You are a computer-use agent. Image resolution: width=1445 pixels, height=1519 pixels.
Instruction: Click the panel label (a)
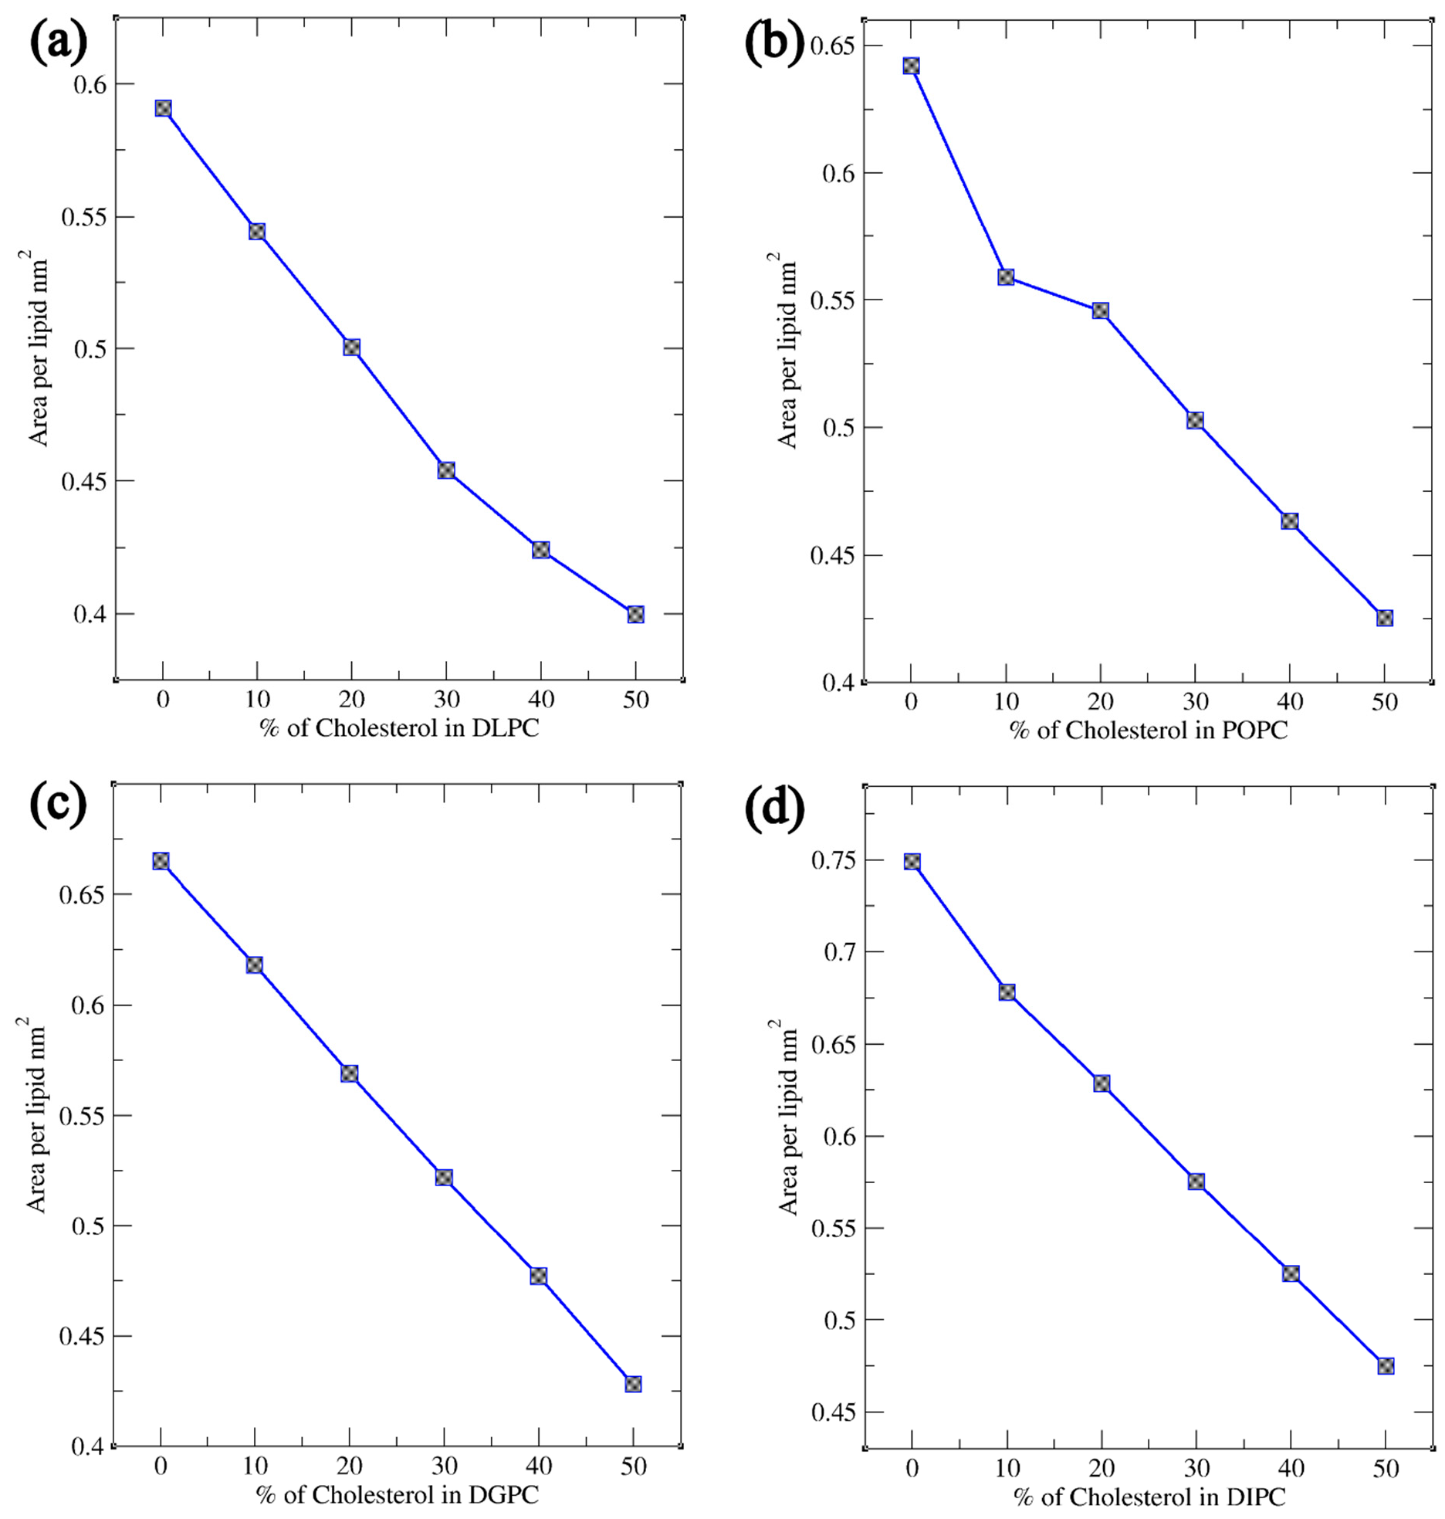point(59,44)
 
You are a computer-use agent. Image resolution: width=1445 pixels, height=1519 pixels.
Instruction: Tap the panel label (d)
point(774,808)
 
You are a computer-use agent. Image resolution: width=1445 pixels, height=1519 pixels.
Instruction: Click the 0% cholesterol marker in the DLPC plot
point(163,108)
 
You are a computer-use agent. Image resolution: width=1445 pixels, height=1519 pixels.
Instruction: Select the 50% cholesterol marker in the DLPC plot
point(635,615)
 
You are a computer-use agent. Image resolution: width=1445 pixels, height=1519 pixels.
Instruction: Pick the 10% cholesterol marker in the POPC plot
point(1006,276)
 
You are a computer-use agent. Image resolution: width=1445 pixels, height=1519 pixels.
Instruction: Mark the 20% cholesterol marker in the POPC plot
point(1101,310)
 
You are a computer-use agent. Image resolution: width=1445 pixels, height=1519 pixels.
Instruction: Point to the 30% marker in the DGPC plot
point(444,1178)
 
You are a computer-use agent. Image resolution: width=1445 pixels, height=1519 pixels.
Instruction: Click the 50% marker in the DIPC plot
point(1386,1366)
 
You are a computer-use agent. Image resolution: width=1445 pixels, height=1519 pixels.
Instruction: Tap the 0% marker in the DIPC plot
point(912,862)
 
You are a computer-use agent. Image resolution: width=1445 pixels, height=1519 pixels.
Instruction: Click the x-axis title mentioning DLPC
point(399,728)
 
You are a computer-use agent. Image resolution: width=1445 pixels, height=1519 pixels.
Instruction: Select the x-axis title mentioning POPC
point(1149,730)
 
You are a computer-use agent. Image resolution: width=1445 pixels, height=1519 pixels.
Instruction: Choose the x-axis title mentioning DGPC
point(398,1495)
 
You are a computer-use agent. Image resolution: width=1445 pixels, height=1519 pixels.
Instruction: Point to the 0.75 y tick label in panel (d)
point(834,860)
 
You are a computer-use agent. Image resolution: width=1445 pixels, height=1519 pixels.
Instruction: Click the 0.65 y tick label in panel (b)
point(834,46)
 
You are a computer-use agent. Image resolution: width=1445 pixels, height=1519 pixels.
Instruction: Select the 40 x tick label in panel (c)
point(539,1466)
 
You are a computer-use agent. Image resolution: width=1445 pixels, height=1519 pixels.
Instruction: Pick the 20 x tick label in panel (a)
point(351,700)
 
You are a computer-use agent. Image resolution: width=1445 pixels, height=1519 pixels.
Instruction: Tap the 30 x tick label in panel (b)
point(1196,702)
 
